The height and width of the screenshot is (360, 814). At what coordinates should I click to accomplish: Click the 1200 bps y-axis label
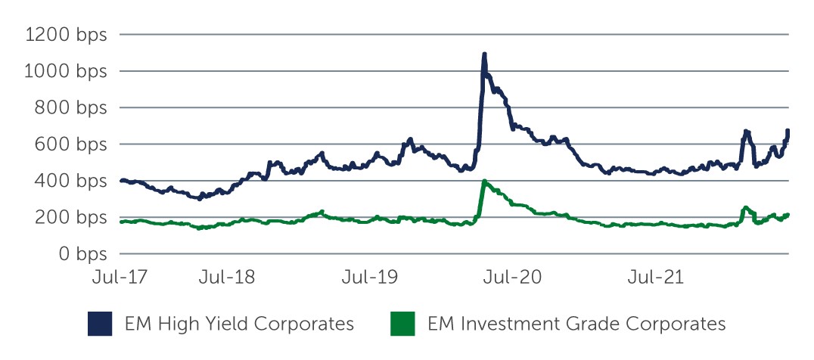[66, 35]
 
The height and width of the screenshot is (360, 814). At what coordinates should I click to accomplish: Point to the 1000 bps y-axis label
[66, 71]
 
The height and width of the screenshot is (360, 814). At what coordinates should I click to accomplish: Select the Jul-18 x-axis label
[227, 277]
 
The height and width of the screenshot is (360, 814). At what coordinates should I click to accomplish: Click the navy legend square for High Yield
[100, 324]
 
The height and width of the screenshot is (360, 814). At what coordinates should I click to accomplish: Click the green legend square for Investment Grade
[402, 324]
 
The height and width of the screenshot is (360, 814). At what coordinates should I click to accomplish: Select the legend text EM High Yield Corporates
[239, 324]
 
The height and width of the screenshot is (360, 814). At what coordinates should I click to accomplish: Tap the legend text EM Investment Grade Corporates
[576, 324]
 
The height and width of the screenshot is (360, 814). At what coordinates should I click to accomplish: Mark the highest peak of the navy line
[484, 54]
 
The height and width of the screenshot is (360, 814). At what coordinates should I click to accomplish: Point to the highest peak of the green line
[484, 182]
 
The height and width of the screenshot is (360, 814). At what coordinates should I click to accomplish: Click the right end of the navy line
[788, 132]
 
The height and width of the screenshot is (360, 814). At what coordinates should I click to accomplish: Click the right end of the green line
[788, 216]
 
